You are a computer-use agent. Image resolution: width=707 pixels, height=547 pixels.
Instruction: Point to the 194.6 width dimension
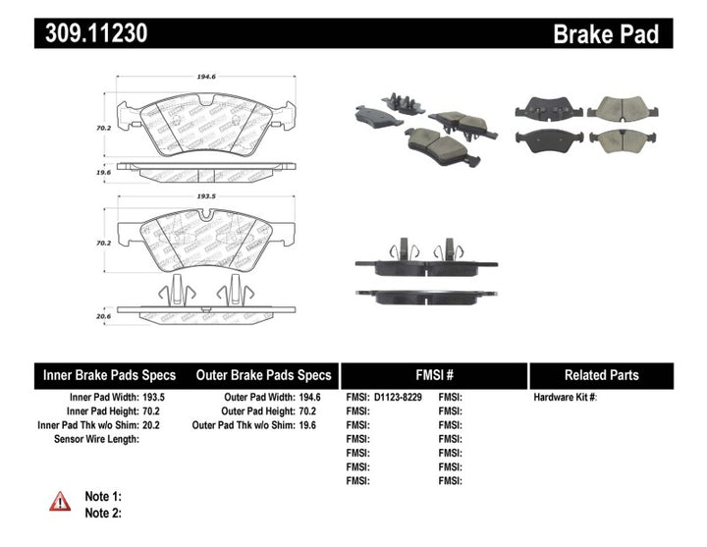click(205, 74)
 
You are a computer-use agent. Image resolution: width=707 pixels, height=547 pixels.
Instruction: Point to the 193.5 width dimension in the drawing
click(205, 195)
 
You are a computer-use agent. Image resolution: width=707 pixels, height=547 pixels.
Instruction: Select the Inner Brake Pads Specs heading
click(110, 375)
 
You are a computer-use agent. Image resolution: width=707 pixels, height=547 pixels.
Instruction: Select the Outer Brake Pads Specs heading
click(264, 375)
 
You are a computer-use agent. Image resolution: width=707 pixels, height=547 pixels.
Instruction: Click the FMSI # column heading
click(433, 375)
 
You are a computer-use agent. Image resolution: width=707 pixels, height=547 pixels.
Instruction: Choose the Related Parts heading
click(601, 375)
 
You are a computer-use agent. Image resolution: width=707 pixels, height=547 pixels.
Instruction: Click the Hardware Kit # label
click(565, 397)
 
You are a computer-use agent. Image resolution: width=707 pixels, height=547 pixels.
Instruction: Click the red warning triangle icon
click(61, 502)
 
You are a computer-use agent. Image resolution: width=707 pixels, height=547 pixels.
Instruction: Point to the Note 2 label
click(103, 513)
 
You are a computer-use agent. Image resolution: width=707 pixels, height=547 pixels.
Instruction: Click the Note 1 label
click(103, 497)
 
